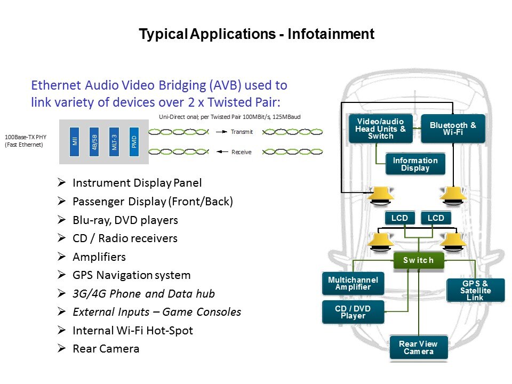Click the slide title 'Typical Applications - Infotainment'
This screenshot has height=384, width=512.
click(x=257, y=35)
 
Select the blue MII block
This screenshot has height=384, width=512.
click(x=75, y=141)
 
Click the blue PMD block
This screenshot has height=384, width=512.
click(x=134, y=141)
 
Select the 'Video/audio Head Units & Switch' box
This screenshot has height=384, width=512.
click(x=380, y=129)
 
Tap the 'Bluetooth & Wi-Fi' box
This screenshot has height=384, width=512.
click(x=453, y=129)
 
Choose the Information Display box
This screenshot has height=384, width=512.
click(x=415, y=164)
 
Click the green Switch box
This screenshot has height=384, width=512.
click(x=419, y=260)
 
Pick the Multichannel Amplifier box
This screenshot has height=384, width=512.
click(x=353, y=284)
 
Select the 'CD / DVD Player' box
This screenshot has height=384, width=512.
click(x=353, y=312)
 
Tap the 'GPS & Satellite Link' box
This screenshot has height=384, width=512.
click(x=475, y=290)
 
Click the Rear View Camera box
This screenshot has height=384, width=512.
click(x=419, y=348)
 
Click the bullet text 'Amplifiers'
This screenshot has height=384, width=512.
click(x=99, y=257)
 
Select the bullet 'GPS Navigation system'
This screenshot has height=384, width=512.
click(x=131, y=275)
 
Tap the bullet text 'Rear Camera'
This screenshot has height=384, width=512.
click(x=106, y=349)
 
